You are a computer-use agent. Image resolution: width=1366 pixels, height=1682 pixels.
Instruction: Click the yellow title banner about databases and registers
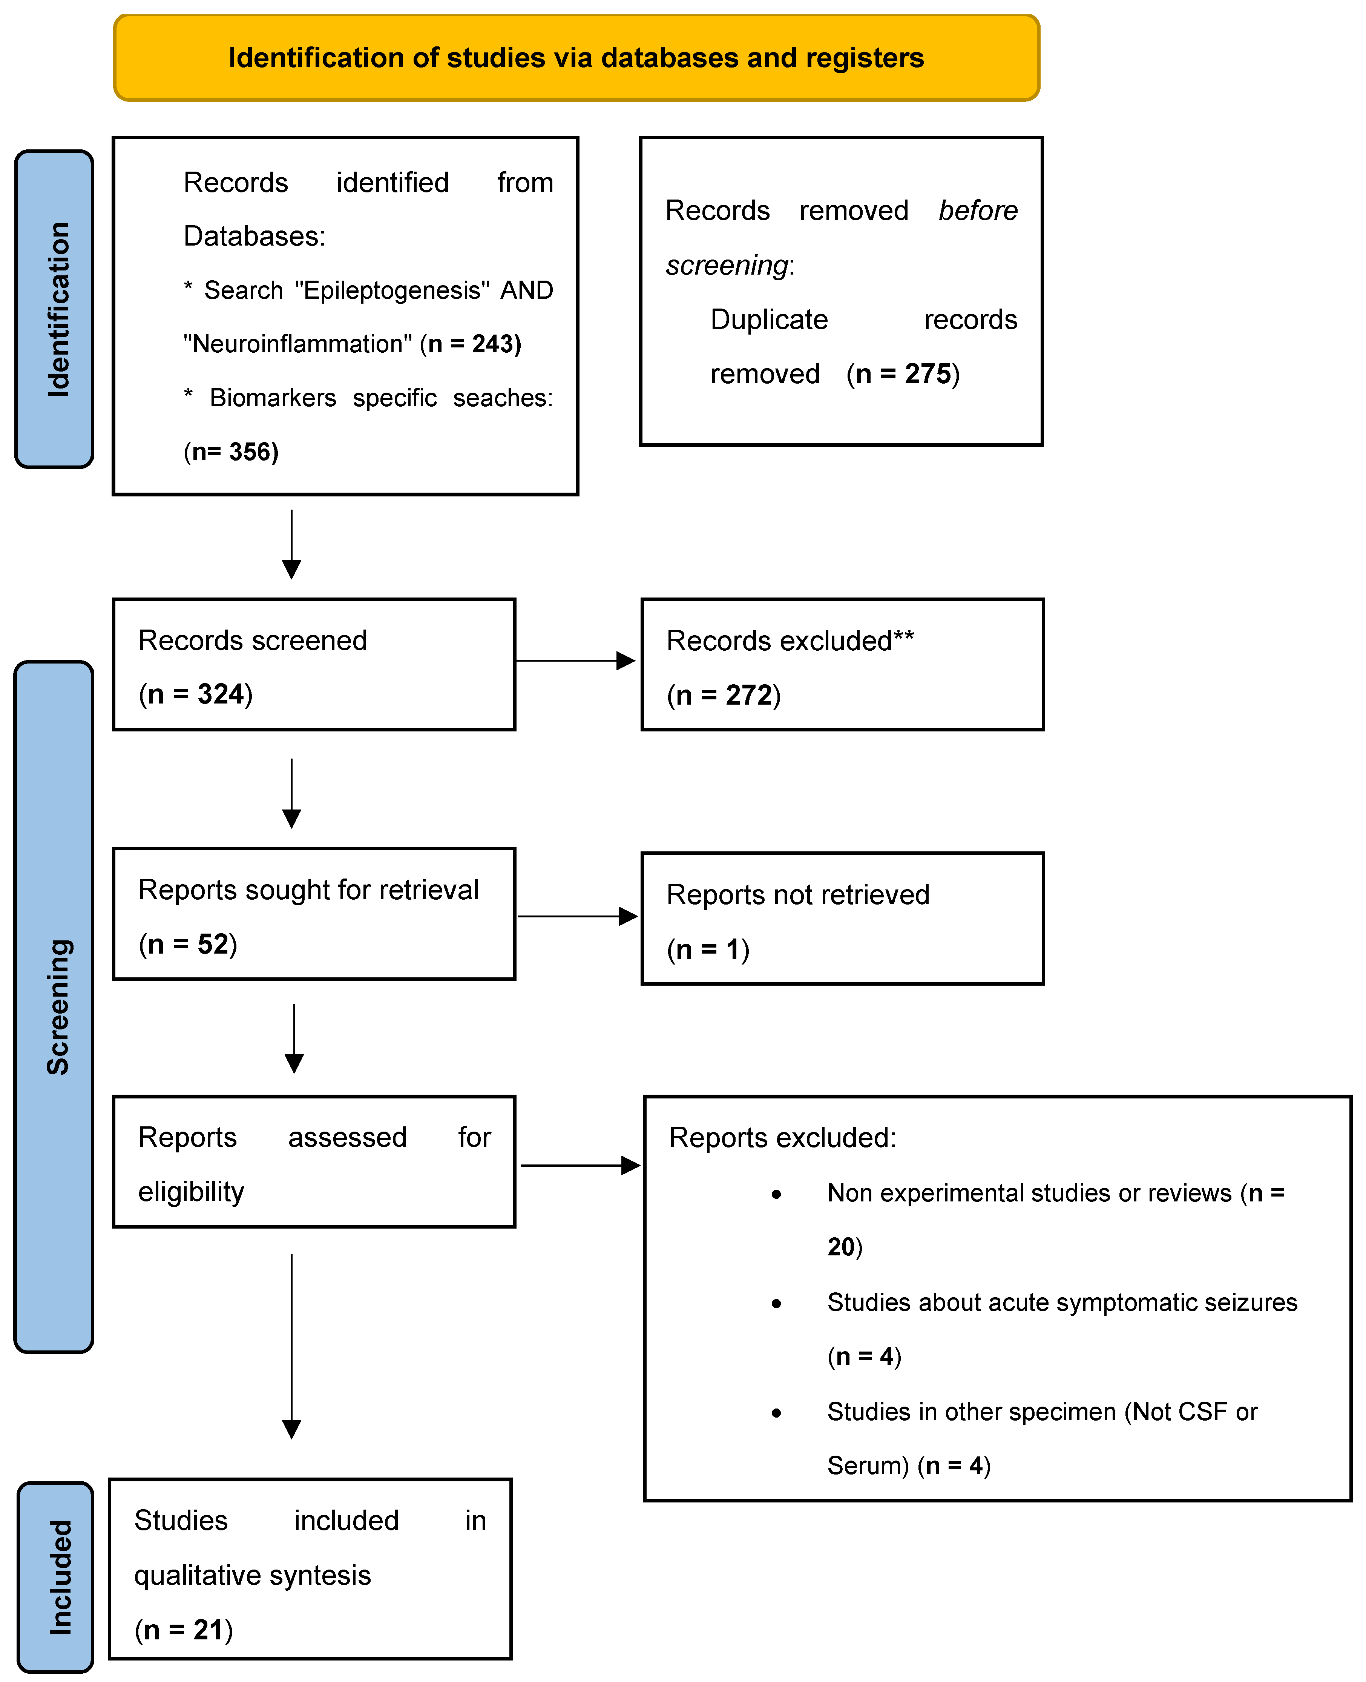point(576,57)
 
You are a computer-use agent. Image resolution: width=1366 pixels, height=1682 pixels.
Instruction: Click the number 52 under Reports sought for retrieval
point(212,944)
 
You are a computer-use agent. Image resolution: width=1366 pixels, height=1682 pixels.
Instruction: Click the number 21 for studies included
point(209,1629)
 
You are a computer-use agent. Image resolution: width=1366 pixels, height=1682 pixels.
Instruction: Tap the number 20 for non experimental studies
point(840,1247)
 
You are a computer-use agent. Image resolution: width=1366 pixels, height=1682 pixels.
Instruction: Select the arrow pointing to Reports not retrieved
point(577,916)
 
